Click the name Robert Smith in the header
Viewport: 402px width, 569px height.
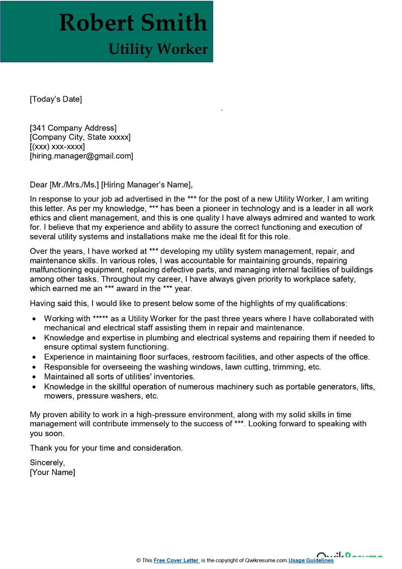(x=133, y=23)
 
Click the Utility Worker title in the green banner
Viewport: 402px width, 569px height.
(x=158, y=49)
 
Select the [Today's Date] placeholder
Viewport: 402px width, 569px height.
(x=56, y=99)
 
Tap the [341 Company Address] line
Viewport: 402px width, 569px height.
(x=73, y=128)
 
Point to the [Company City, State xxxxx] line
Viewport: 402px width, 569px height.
(x=80, y=137)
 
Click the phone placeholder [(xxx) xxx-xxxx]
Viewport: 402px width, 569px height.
(x=57, y=147)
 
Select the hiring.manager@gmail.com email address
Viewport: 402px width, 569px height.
(x=81, y=156)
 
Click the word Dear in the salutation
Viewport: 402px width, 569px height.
(x=39, y=184)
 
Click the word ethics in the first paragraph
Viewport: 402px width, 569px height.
(x=41, y=218)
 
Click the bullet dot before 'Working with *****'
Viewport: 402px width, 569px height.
(x=34, y=319)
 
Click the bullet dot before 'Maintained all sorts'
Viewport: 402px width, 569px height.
(x=34, y=376)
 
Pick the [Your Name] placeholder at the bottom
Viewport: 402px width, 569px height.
(x=53, y=472)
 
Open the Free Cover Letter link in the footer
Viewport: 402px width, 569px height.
(x=176, y=560)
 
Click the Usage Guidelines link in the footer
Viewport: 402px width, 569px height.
(x=311, y=560)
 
